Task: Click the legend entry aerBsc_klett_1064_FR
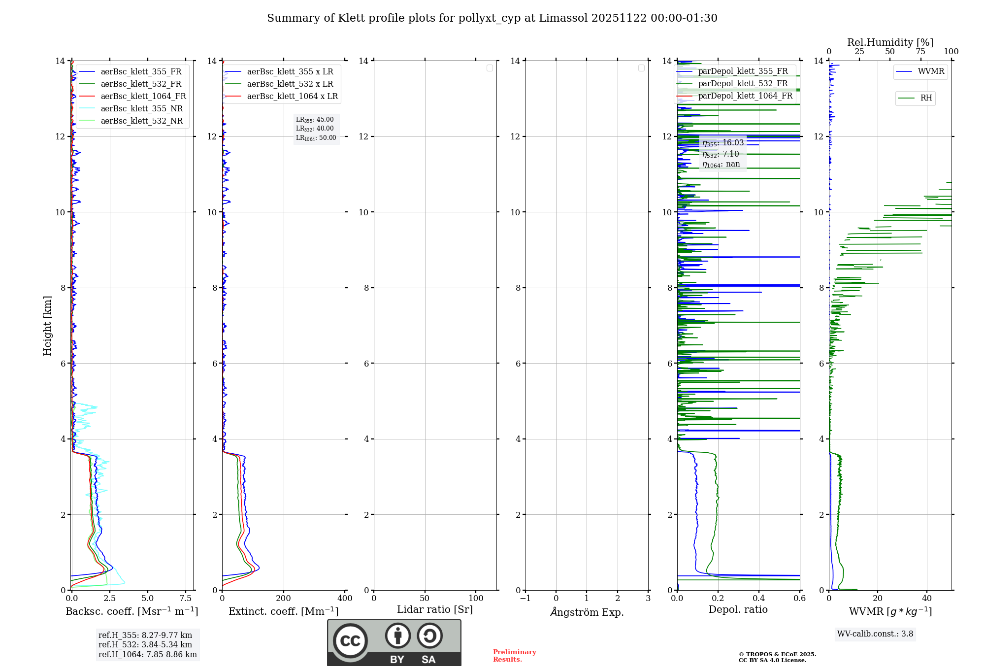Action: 143,96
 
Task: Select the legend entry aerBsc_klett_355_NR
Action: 141,108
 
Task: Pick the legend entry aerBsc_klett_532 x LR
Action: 290,84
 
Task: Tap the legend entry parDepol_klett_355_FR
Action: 743,71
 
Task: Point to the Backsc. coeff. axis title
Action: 132,611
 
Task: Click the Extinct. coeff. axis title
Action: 284,611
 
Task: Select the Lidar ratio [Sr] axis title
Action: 435,609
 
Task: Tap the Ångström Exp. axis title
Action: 587,612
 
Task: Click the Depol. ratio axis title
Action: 738,609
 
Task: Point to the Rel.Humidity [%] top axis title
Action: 890,42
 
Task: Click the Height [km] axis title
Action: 47,326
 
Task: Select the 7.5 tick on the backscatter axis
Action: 186,598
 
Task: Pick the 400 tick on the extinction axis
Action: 345,598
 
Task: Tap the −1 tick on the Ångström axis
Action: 525,598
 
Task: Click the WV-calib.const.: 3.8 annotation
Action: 875,634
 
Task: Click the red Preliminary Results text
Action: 514,655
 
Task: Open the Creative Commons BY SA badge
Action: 394,642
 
